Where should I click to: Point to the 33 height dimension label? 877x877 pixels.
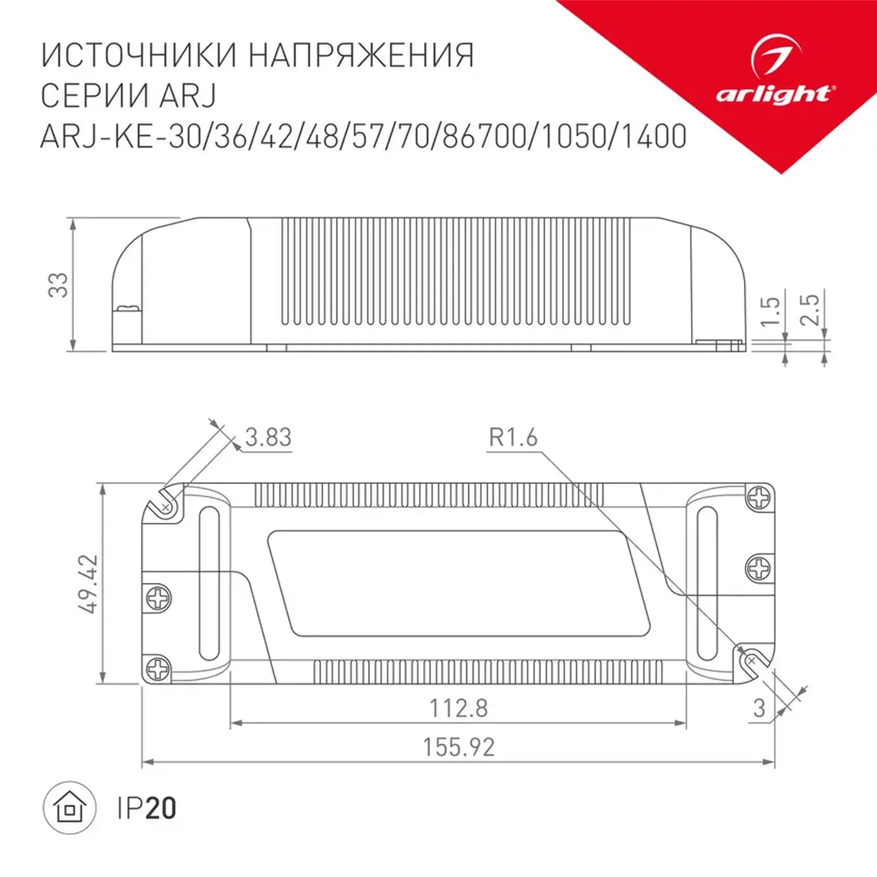(58, 285)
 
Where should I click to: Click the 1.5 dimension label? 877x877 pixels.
(769, 311)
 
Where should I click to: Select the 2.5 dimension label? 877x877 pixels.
(810, 309)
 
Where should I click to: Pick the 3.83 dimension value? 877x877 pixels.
(268, 437)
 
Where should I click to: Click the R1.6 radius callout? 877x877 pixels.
(513, 437)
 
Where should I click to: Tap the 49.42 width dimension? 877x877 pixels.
(88, 583)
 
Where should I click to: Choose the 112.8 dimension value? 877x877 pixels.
(458, 708)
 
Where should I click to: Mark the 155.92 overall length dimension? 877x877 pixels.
(458, 748)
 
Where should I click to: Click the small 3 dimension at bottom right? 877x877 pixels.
(759, 708)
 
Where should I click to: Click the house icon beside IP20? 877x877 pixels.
(70, 809)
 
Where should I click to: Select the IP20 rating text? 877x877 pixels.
(146, 808)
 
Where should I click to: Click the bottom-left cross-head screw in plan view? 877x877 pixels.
(159, 668)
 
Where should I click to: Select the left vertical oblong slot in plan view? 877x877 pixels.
(209, 583)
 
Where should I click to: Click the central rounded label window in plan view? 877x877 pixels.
(458, 583)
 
